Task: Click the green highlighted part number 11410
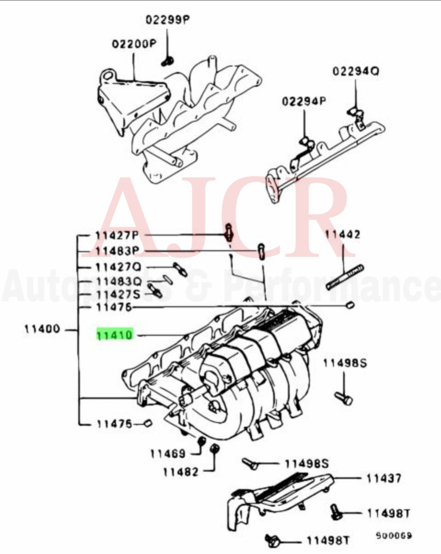point(115,335)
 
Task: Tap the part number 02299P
point(168,20)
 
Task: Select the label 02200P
point(134,43)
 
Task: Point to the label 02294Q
point(355,71)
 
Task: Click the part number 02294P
point(304,101)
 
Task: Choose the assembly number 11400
point(42,329)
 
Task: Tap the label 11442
point(343,235)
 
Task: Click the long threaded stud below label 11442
point(345,277)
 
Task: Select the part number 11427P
point(117,235)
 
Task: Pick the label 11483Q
point(119,281)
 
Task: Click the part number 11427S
point(118,294)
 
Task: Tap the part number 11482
point(180,472)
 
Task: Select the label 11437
point(383,478)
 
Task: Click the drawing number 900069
point(394,536)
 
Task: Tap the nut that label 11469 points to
point(201,441)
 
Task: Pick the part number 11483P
point(117,251)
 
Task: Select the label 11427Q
point(118,267)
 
